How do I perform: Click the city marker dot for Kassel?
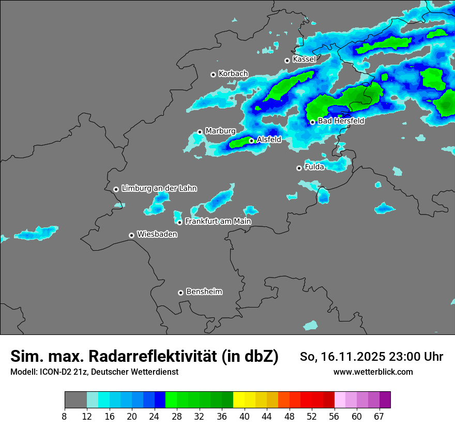click(287, 60)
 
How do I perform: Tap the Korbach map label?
click(233, 74)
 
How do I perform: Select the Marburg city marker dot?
click(200, 132)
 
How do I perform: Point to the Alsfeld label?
click(269, 140)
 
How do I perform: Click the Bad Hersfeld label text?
click(341, 121)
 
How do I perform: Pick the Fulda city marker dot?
click(299, 168)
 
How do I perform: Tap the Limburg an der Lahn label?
click(159, 189)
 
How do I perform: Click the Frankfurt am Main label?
click(218, 221)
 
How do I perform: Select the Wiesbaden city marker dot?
click(131, 235)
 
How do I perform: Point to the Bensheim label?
click(204, 292)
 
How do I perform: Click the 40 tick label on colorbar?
click(245, 417)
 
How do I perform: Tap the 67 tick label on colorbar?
click(379, 417)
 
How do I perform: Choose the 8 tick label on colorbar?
click(65, 417)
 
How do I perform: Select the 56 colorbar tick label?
click(334, 417)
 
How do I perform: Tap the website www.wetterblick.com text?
click(373, 372)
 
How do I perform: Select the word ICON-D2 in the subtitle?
click(55, 372)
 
